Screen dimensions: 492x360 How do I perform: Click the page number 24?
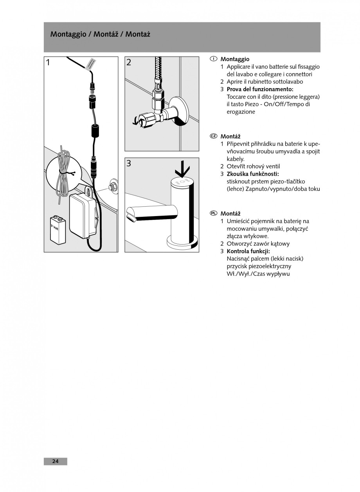point(55,461)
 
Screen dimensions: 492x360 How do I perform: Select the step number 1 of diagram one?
point(48,63)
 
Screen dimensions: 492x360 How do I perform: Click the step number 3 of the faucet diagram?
point(129,164)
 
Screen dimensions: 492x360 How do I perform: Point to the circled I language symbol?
point(213,59)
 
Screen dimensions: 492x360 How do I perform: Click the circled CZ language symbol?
point(213,136)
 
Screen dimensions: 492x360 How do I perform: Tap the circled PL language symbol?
point(213,213)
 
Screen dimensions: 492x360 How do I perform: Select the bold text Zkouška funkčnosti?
point(253,174)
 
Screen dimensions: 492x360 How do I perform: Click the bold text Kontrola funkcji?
point(248,251)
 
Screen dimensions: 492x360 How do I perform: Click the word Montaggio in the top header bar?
point(68,34)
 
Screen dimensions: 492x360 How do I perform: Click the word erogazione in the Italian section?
point(241,112)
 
